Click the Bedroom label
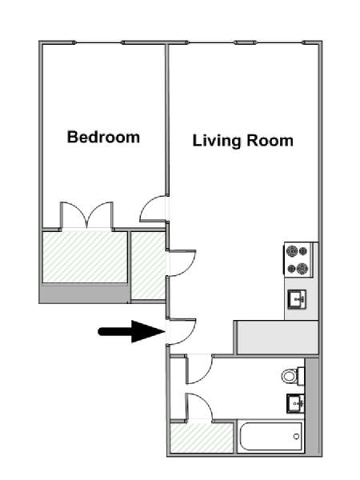103,137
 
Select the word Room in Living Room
270,141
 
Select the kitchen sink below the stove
297,299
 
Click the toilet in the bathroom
293,376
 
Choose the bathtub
271,437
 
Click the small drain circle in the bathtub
296,436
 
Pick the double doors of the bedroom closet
87,215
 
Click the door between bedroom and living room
153,209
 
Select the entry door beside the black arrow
182,332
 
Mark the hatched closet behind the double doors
85,257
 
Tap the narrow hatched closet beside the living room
149,265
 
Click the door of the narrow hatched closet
182,263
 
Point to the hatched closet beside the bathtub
202,437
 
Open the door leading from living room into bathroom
199,369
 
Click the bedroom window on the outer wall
98,42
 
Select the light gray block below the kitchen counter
278,337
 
